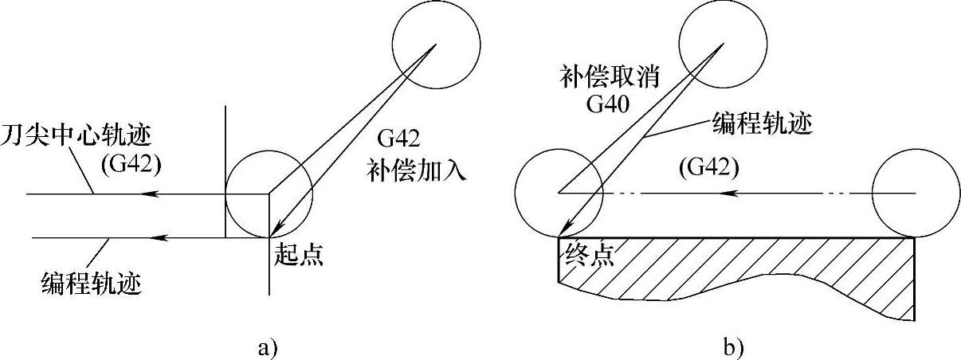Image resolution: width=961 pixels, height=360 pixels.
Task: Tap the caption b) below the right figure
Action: (x=733, y=346)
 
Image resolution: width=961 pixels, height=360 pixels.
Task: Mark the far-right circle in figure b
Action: (x=915, y=194)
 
